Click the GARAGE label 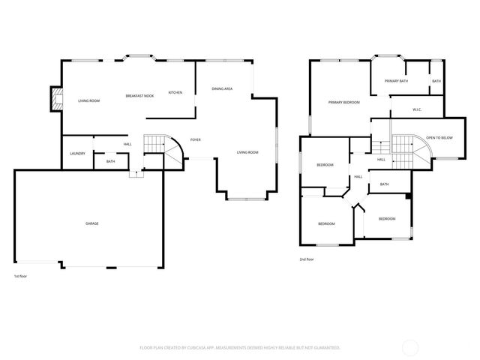pyautogui.click(x=91, y=223)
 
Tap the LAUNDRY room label pyautogui.click(x=77, y=154)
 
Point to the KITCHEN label pyautogui.click(x=175, y=92)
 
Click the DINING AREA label pyautogui.click(x=222, y=88)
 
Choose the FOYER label pyautogui.click(x=195, y=139)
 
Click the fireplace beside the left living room pyautogui.click(x=54, y=99)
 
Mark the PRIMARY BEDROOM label pyautogui.click(x=343, y=102)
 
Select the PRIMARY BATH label pyautogui.click(x=396, y=80)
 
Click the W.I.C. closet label pyautogui.click(x=418, y=109)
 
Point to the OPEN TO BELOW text pyautogui.click(x=439, y=138)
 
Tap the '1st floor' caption pyautogui.click(x=21, y=276)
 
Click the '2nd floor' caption pyautogui.click(x=306, y=259)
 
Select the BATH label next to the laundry pyautogui.click(x=110, y=161)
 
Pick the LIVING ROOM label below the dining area pyautogui.click(x=247, y=152)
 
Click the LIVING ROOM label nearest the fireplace pyautogui.click(x=89, y=99)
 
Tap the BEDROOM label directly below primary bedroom pyautogui.click(x=325, y=165)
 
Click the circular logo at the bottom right pyautogui.click(x=412, y=347)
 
